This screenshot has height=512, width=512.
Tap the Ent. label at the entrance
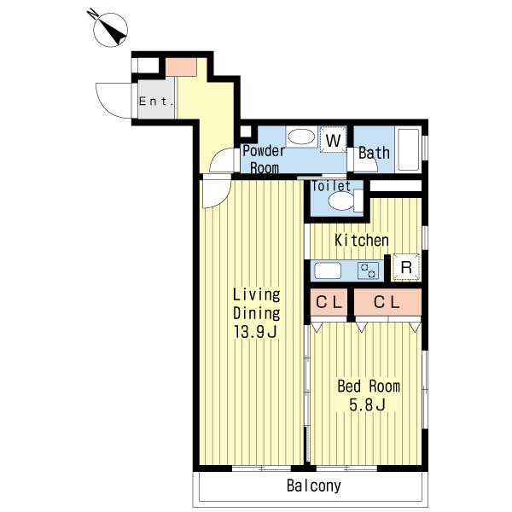[x=156, y=102]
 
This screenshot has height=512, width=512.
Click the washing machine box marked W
[x=333, y=139]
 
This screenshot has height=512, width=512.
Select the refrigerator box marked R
[x=406, y=267]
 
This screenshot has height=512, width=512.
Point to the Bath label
[x=374, y=153]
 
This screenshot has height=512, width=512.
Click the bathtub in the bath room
[x=408, y=149]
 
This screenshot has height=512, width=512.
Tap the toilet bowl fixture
[x=346, y=201]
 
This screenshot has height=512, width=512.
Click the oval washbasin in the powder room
[x=301, y=137]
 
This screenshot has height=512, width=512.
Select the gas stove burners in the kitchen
[x=369, y=271]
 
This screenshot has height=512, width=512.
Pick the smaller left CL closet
[x=329, y=302]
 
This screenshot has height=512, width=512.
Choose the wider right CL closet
[x=387, y=302]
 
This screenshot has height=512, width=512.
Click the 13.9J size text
[x=256, y=332]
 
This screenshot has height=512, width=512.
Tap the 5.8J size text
[x=367, y=404]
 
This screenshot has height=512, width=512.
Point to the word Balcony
[x=314, y=486]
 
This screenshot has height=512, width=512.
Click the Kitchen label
[x=362, y=241]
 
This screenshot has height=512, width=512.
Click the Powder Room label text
[x=265, y=160]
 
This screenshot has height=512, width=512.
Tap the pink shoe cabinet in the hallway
[x=181, y=67]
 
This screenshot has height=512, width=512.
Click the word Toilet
[x=331, y=186]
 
